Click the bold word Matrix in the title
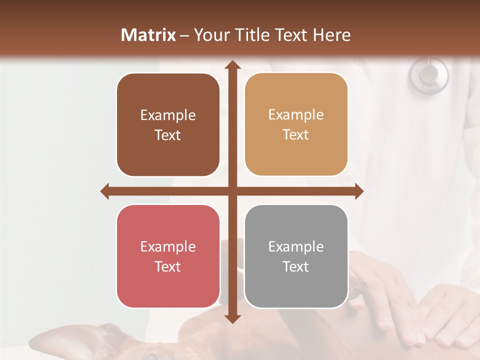[x=148, y=35]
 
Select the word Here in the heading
[x=331, y=35]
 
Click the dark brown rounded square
[x=168, y=125]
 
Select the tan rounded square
[x=296, y=124]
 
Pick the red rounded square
[x=168, y=256]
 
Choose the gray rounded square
[x=296, y=256]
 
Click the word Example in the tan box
[x=296, y=115]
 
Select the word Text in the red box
[x=168, y=267]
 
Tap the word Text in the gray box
[x=296, y=267]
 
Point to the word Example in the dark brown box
[x=168, y=115]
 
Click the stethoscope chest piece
[x=428, y=74]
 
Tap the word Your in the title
[x=210, y=35]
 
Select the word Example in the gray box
[x=296, y=246]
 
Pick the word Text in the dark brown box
[x=168, y=135]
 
